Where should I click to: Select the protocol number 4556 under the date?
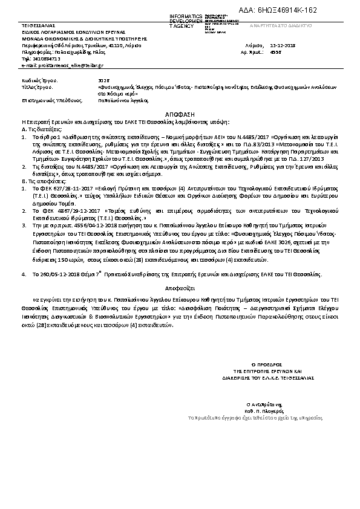tap(276, 53)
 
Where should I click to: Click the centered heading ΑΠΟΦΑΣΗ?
tap(180, 114)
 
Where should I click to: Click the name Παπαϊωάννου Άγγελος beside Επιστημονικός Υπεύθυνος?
tap(117, 100)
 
